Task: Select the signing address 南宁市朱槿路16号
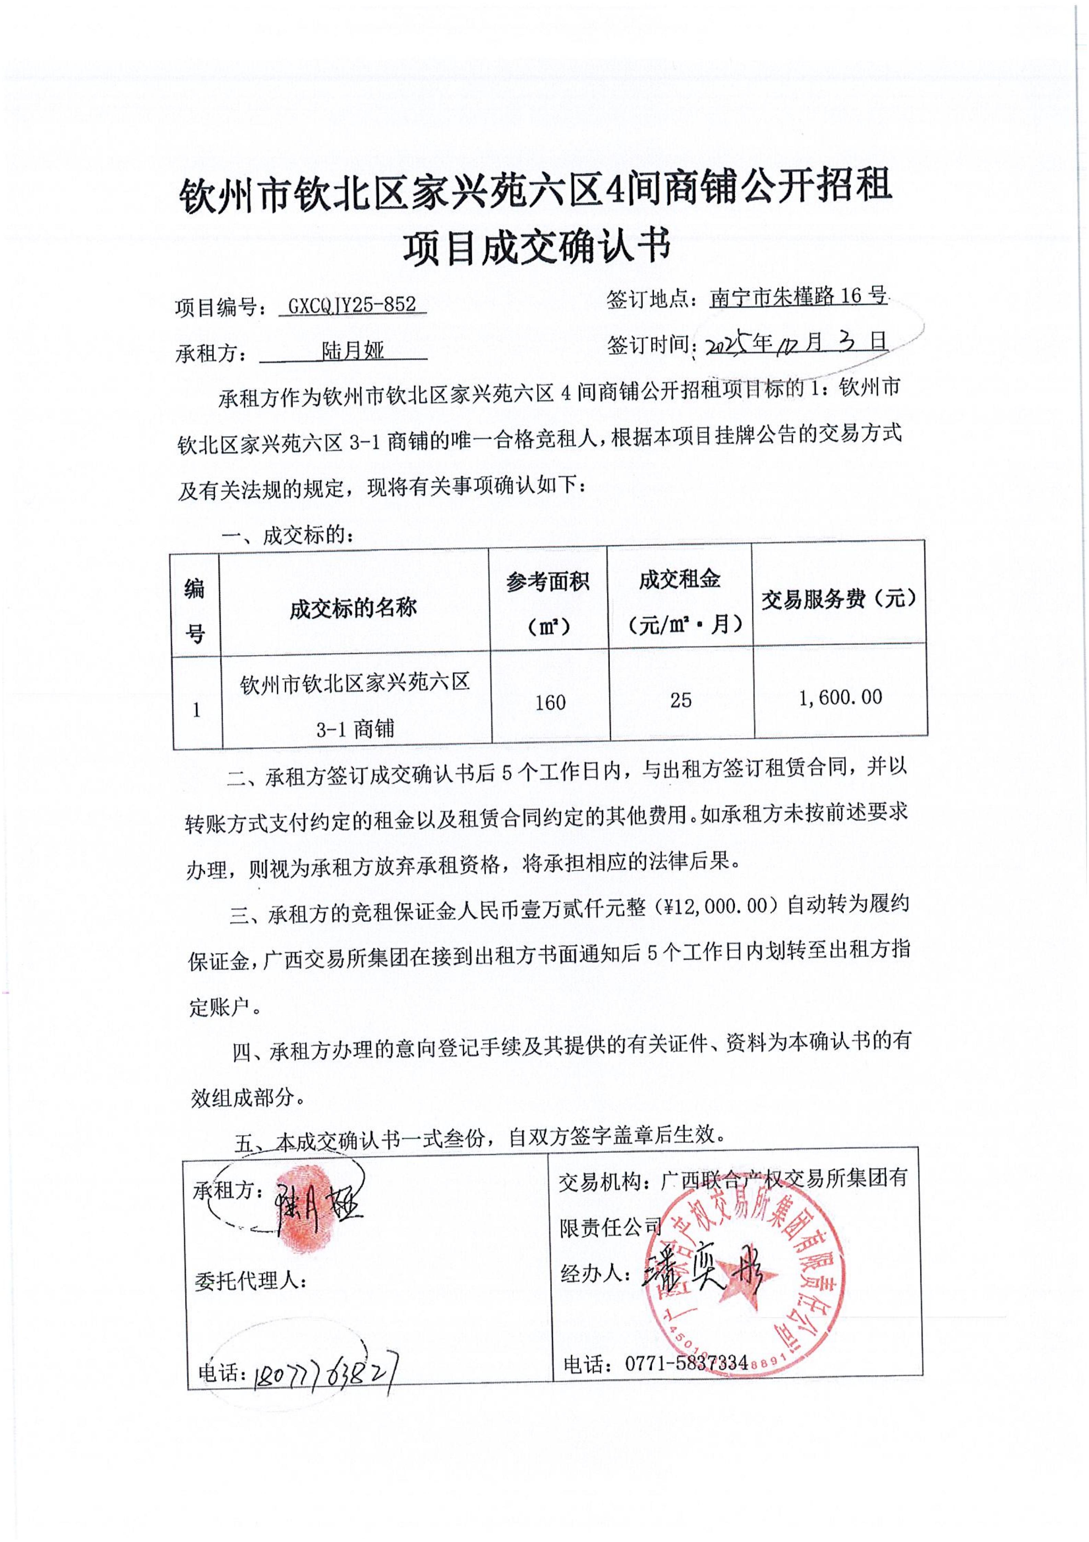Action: point(798,296)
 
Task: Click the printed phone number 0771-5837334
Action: point(686,1363)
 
